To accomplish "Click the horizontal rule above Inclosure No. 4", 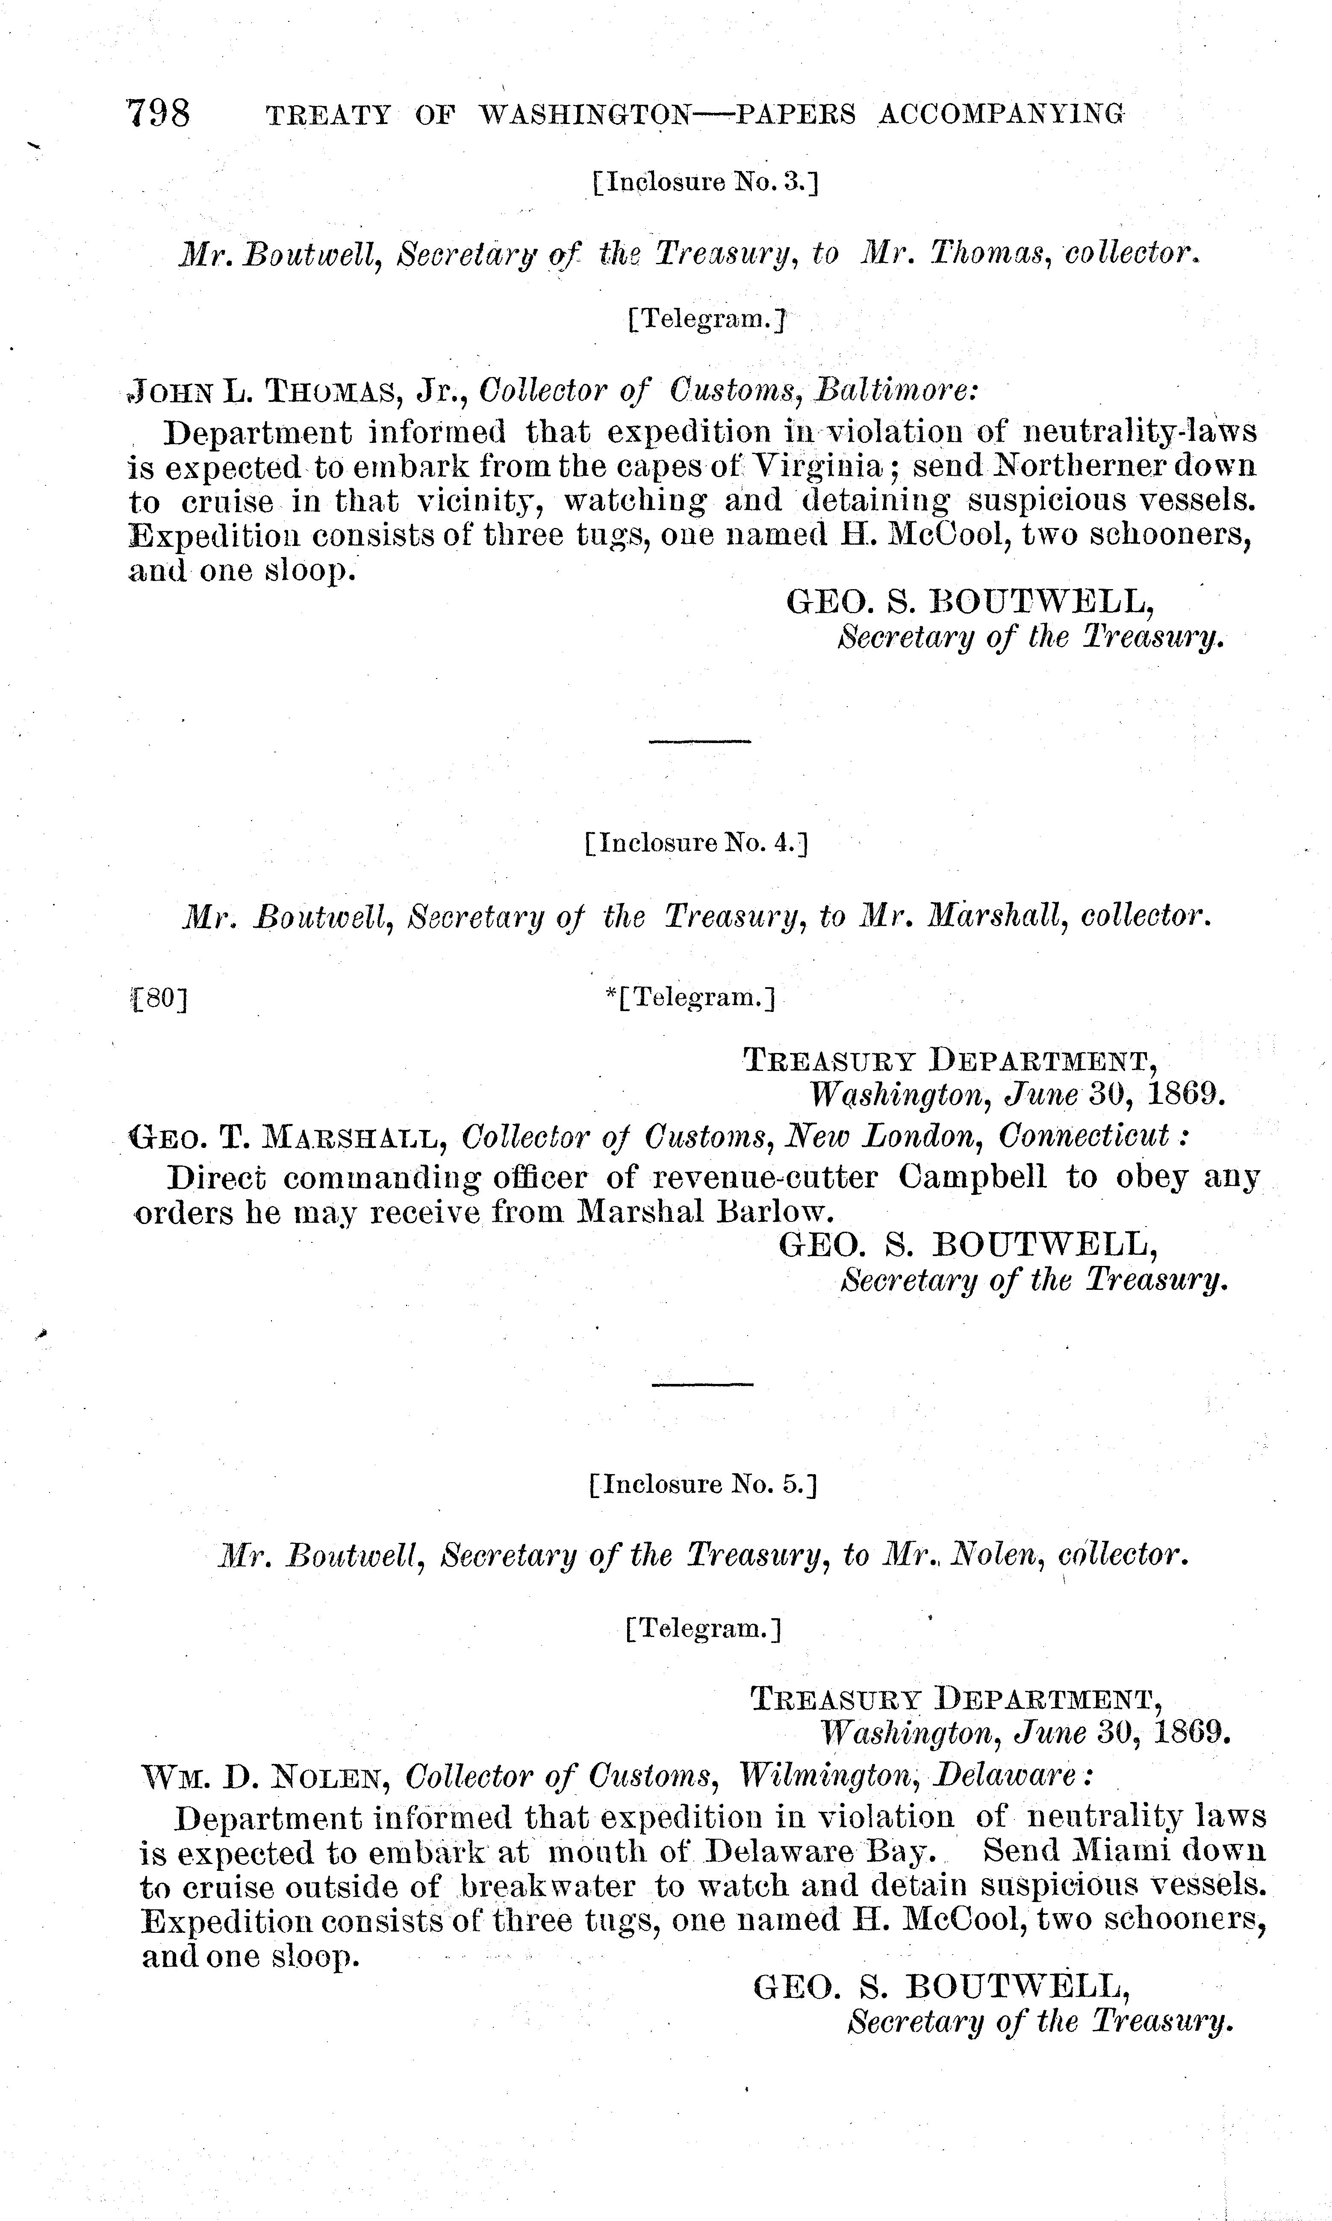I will click(699, 740).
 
